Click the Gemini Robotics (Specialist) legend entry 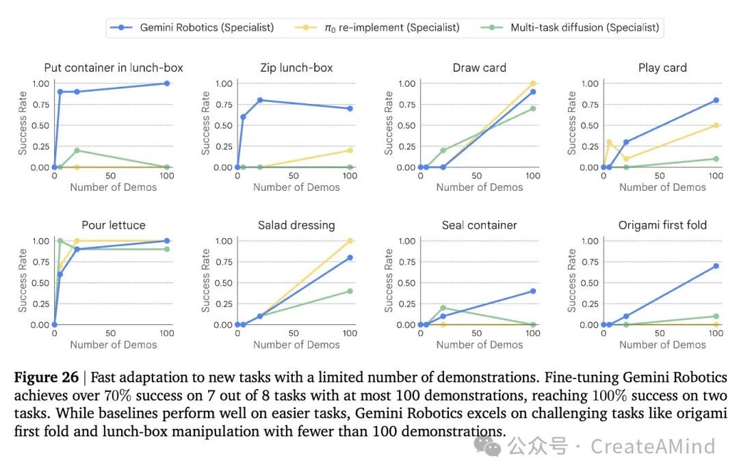tap(192, 27)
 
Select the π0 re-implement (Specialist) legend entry tap(377, 27)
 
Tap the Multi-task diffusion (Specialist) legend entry tap(570, 27)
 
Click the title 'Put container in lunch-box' tap(114, 68)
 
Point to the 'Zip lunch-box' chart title tap(296, 68)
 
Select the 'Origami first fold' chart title tap(662, 225)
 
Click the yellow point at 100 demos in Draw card tap(533, 83)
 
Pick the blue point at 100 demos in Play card tap(716, 101)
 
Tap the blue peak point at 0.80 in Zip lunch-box tap(260, 101)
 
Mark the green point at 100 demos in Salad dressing tap(350, 291)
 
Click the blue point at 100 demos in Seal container tap(533, 291)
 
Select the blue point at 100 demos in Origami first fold tap(716, 266)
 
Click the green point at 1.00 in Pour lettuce tap(60, 241)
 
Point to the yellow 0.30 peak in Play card tap(609, 142)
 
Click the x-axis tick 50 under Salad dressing tap(294, 333)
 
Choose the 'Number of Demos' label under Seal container tap(479, 345)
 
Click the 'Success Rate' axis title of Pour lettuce tap(22, 281)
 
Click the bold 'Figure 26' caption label tap(47, 378)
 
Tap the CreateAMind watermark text tap(653, 447)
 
